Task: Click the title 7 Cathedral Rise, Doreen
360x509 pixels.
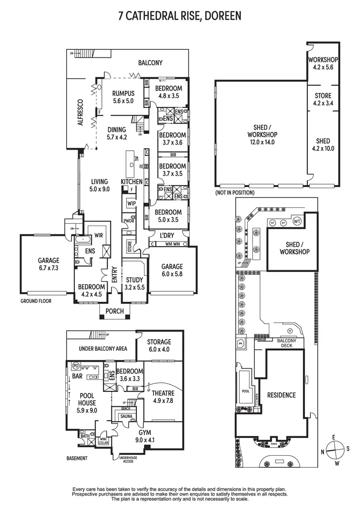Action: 180,16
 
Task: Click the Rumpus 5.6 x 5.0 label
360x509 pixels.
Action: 123,97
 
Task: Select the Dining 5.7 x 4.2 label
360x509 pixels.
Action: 117,133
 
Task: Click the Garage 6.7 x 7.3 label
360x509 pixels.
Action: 48,265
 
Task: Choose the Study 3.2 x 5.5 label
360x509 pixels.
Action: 135,284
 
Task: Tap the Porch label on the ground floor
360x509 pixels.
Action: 115,311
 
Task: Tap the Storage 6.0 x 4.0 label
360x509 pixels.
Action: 159,345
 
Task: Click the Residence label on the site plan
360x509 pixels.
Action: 282,395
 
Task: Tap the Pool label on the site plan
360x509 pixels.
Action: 246,391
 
